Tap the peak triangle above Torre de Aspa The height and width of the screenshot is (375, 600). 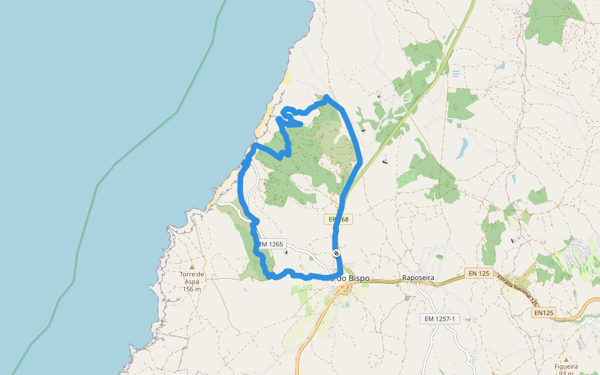point(192,267)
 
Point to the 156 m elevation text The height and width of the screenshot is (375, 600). point(192,289)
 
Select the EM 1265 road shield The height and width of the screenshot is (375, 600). point(271,244)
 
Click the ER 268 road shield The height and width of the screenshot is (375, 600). point(339,219)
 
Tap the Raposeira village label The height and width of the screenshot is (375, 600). point(418,277)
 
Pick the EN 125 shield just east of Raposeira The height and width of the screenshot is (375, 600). point(479,274)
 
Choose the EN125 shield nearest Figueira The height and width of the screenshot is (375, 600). point(545,312)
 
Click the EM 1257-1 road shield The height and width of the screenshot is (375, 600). point(439,319)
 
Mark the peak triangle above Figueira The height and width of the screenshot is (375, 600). point(566,360)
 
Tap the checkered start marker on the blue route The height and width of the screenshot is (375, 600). point(336,253)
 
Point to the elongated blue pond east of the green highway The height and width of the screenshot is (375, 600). point(462,147)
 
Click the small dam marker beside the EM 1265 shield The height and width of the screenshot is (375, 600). point(286,252)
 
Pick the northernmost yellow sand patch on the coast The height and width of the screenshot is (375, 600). point(287,78)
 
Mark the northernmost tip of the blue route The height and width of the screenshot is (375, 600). point(326,97)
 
